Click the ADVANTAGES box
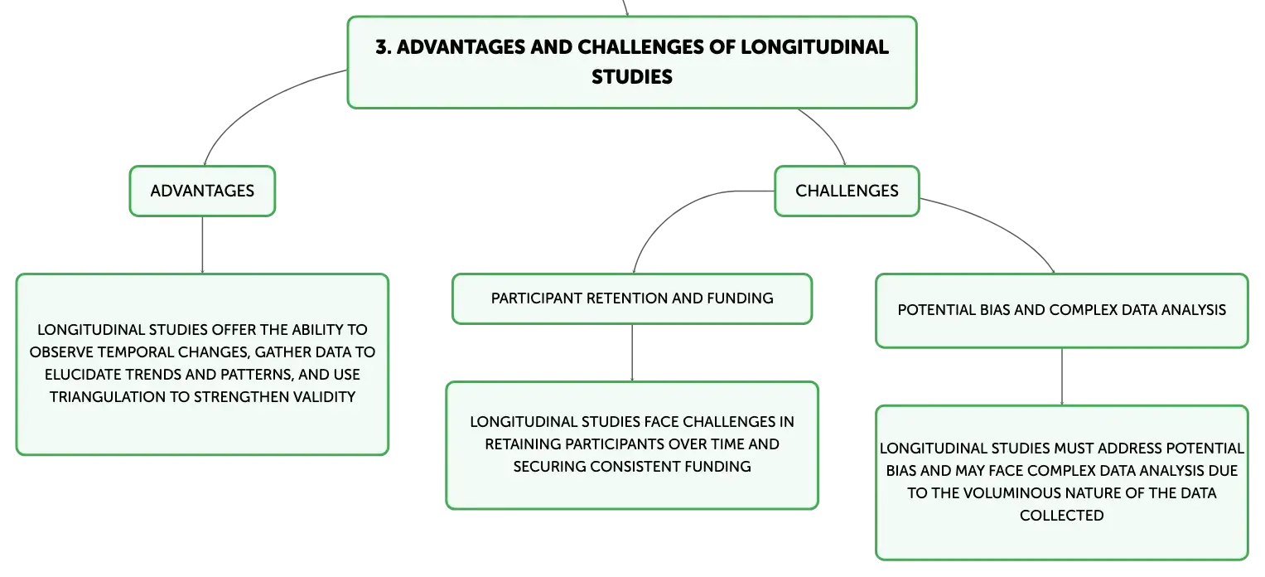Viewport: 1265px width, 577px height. (x=202, y=191)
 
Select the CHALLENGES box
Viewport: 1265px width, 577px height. (x=847, y=191)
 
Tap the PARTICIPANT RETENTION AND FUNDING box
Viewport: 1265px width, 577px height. (x=632, y=299)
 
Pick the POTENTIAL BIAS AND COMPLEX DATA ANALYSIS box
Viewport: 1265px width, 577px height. (x=1062, y=311)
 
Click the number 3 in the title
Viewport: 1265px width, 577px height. (x=382, y=47)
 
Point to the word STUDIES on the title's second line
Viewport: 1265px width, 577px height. (x=632, y=77)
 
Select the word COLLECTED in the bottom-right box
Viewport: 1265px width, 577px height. (x=1062, y=516)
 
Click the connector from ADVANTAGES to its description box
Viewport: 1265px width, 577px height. (x=202, y=245)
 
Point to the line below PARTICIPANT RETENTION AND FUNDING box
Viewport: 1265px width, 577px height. (x=632, y=353)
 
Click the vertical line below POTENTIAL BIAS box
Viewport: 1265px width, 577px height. (x=1062, y=377)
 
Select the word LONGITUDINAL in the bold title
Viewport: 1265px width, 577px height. (x=815, y=47)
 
